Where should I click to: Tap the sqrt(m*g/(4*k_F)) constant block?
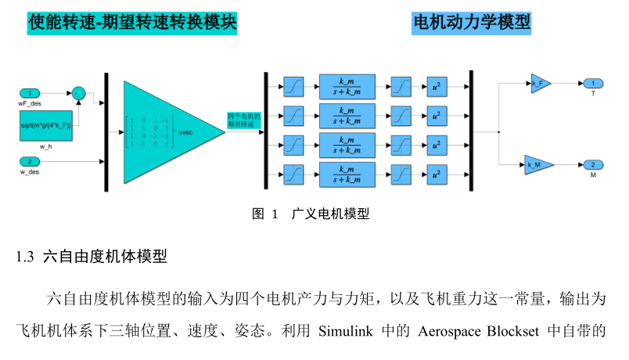point(46,126)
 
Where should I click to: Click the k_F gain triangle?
point(540,84)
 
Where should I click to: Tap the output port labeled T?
point(593,84)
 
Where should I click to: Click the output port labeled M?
point(593,164)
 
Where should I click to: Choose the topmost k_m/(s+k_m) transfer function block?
point(347,85)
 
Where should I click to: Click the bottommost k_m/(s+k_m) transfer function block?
point(347,173)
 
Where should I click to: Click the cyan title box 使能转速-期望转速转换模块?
point(131,23)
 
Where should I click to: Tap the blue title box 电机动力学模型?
point(471,23)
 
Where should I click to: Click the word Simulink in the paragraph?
point(347,329)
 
